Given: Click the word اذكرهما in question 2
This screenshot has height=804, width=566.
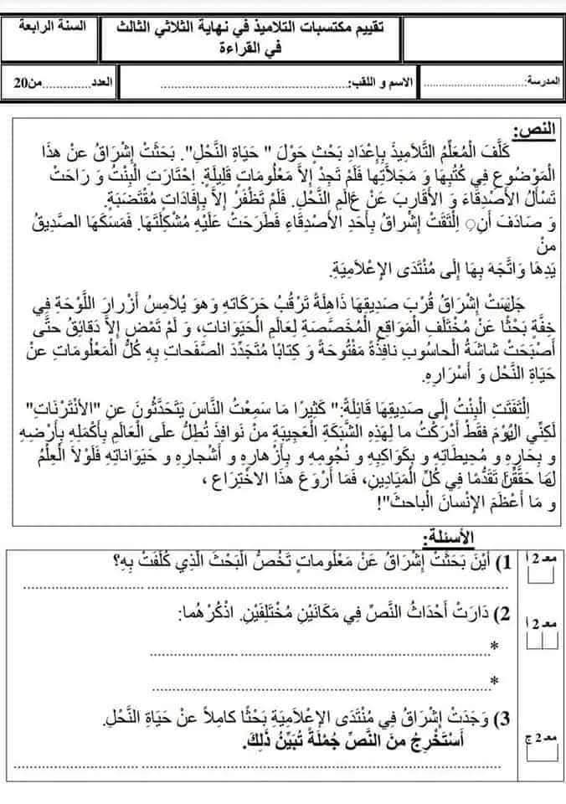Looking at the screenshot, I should point(209,616).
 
